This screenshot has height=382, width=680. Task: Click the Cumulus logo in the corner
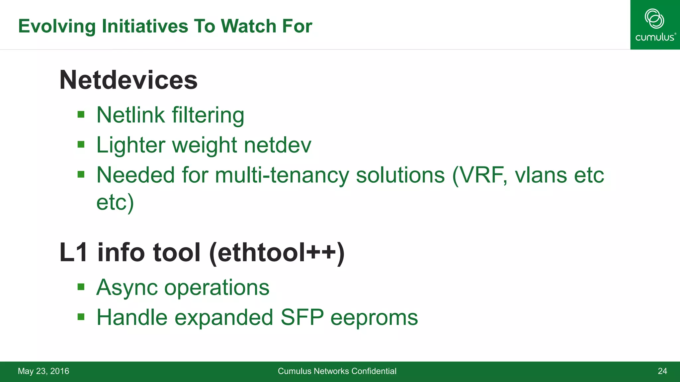pyautogui.click(x=655, y=25)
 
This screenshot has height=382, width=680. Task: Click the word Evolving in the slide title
pyautogui.click(x=57, y=26)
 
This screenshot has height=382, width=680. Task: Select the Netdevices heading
pyautogui.click(x=128, y=80)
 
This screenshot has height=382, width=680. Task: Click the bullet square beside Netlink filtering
pyautogui.click(x=81, y=115)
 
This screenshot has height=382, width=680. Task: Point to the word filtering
pyautogui.click(x=208, y=115)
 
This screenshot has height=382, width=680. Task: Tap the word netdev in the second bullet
pyautogui.click(x=278, y=145)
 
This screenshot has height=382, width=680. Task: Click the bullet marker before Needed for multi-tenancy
pyautogui.click(x=81, y=174)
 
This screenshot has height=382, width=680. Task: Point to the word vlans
pyautogui.click(x=541, y=175)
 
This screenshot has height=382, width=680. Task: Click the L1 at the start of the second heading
pyautogui.click(x=74, y=253)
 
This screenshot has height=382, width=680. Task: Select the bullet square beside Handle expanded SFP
pyautogui.click(x=81, y=317)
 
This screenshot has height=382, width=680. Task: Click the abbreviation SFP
pyautogui.click(x=302, y=317)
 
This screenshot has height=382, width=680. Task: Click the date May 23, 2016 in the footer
pyautogui.click(x=43, y=371)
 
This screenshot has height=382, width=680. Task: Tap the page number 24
pyautogui.click(x=662, y=371)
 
